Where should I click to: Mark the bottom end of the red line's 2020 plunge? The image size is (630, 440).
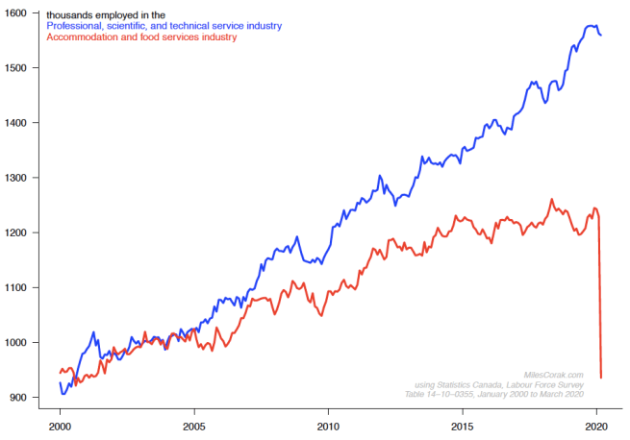tap(601, 378)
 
